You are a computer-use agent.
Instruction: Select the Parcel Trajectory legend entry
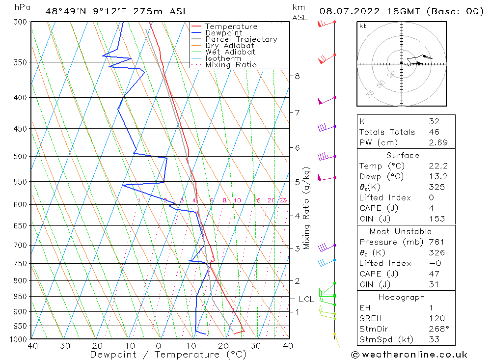click(241, 39)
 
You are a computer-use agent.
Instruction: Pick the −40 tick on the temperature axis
click(30, 346)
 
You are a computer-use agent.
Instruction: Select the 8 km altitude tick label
click(297, 76)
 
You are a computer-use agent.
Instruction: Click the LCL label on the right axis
click(306, 299)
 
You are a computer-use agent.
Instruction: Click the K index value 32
click(434, 121)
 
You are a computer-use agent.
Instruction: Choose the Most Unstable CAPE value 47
click(434, 274)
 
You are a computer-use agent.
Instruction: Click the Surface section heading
click(403, 156)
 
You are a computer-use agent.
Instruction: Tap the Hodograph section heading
click(402, 297)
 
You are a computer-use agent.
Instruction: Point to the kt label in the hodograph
click(363, 26)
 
